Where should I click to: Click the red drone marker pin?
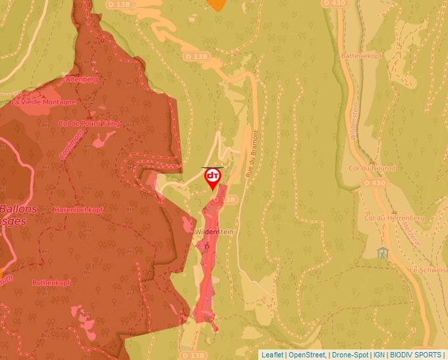coord(213,178)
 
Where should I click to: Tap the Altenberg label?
coord(80,79)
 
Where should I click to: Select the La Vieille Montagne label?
coord(43,102)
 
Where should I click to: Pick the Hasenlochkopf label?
coord(78,209)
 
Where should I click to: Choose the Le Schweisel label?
coord(428,270)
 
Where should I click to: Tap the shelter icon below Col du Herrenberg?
coord(382,252)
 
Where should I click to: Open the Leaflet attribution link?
coord(272,355)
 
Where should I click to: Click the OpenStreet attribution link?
coord(306,355)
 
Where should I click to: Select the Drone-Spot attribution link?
coord(349,355)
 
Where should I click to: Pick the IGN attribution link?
coord(379,355)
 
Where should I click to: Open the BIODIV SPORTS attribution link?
coord(416,355)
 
